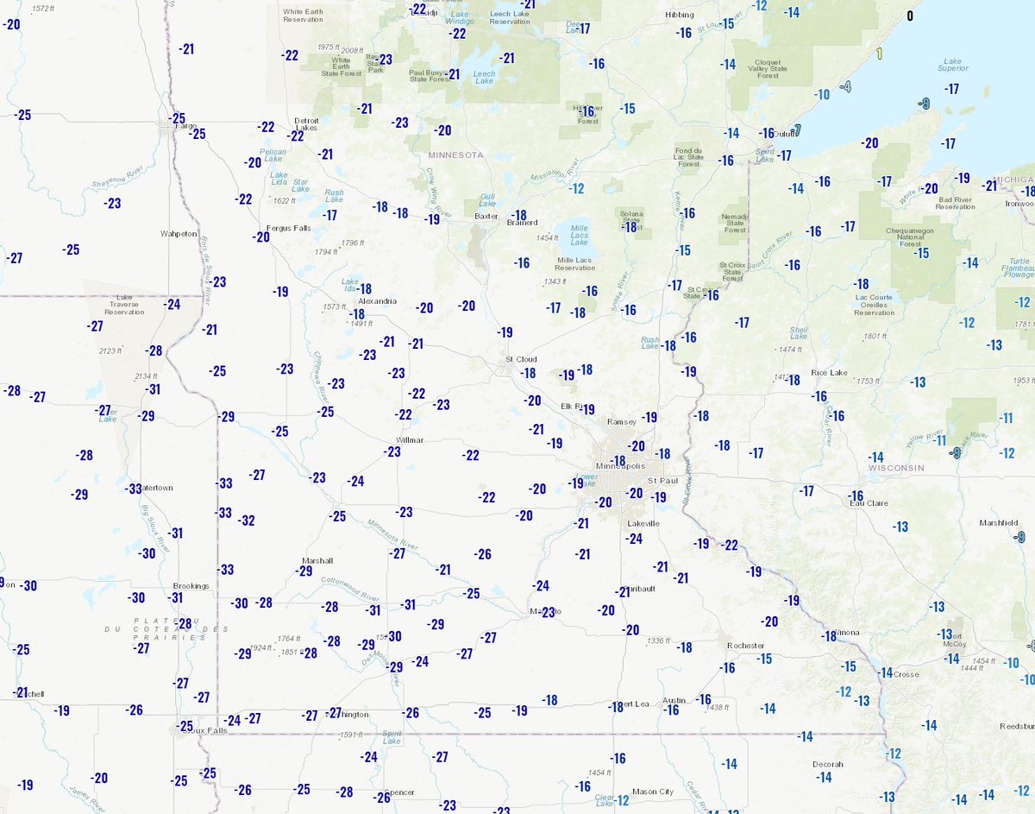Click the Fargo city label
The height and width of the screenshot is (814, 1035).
coord(186,126)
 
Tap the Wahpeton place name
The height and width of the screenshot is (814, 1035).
coord(179,234)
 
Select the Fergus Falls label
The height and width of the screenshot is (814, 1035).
coord(289,228)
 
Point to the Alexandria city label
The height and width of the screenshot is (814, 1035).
coord(377,301)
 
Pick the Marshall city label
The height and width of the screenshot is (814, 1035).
coord(317,560)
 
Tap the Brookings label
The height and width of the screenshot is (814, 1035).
coord(191,586)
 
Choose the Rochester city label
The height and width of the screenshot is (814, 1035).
coord(746,645)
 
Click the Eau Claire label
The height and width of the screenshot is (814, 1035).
coord(870,504)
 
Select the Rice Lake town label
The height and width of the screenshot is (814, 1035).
coord(830,373)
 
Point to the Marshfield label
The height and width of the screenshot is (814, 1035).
coord(999,523)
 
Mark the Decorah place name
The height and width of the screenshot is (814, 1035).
coord(827,764)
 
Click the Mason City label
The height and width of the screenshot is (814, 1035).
coord(652,792)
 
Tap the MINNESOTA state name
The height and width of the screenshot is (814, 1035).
coord(455,155)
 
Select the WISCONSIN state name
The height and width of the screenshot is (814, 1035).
coord(896,468)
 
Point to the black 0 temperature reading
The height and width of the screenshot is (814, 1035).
coord(909,16)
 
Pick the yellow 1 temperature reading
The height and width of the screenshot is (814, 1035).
coord(879,54)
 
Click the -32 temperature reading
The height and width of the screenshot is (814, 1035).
coord(248,521)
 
